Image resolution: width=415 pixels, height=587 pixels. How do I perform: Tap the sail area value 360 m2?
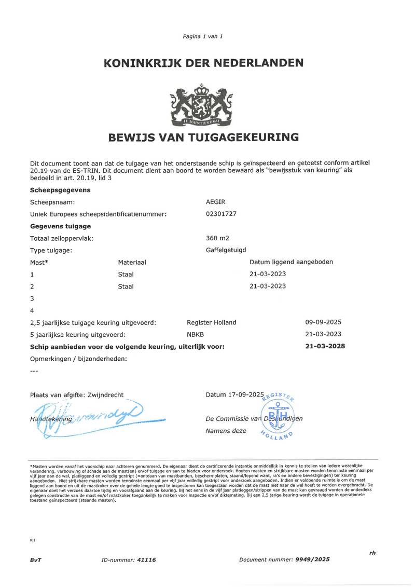click(x=217, y=238)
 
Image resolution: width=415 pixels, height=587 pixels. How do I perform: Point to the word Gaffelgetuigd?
click(x=226, y=250)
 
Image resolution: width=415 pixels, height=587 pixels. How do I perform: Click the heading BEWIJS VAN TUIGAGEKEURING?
click(x=203, y=138)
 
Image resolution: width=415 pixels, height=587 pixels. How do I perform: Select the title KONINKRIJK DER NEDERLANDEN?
click(x=203, y=63)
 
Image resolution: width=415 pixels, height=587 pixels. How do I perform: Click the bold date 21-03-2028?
click(x=325, y=346)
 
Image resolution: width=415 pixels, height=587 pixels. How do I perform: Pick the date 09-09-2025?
click(x=323, y=322)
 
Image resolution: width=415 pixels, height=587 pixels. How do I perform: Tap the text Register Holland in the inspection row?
click(x=211, y=322)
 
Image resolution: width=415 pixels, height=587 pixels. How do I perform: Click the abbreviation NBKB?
click(x=195, y=334)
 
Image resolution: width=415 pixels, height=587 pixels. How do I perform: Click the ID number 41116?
click(x=146, y=560)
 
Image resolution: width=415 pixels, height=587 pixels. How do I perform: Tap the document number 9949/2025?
click(x=312, y=559)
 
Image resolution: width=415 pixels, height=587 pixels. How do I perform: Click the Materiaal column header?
click(x=132, y=262)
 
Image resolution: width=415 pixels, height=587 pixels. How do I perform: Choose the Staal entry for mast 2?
click(x=126, y=286)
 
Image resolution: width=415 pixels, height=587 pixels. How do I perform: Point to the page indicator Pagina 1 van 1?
click(x=203, y=36)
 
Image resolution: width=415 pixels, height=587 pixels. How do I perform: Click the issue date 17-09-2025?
click(x=246, y=394)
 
